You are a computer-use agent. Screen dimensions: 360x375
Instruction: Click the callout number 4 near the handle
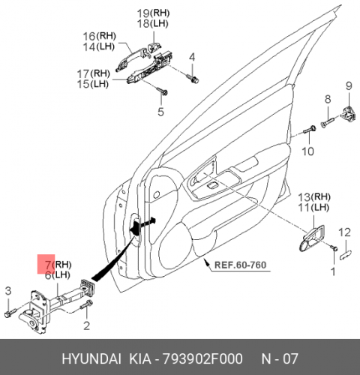point(192,58)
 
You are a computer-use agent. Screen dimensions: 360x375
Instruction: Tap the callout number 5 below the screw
point(160,112)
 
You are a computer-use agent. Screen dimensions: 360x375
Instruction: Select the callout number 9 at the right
point(349,85)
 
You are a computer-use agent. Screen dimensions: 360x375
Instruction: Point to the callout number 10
point(307,151)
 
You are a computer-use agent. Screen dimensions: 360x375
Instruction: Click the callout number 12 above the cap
point(344,232)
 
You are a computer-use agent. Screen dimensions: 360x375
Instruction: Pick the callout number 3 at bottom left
point(8,291)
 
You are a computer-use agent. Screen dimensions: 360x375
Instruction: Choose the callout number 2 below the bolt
point(86,325)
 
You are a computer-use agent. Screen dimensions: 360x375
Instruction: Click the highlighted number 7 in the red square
point(49,265)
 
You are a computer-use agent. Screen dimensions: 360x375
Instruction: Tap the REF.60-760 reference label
point(241,265)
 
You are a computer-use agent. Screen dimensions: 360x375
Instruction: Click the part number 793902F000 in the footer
point(202,359)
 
